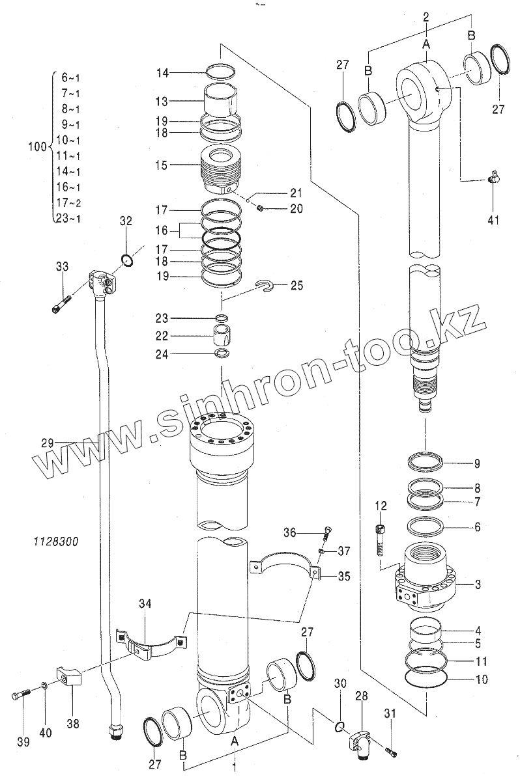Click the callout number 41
click(x=493, y=219)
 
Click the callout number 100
click(x=36, y=147)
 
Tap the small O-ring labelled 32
click(x=128, y=261)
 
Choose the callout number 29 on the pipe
click(x=48, y=443)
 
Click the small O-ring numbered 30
click(x=340, y=725)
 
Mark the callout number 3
click(x=478, y=584)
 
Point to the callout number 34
click(x=145, y=604)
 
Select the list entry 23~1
click(x=68, y=218)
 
